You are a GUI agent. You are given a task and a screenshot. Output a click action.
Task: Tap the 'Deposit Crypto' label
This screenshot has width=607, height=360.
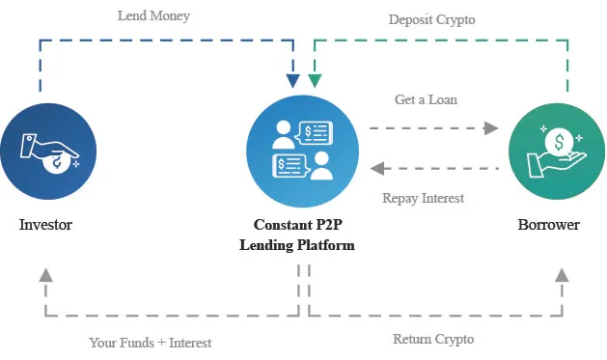(x=432, y=18)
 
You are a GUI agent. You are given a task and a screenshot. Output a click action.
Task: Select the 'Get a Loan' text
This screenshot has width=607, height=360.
(x=426, y=99)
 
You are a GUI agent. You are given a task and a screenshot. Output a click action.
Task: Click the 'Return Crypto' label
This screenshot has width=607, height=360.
(x=433, y=339)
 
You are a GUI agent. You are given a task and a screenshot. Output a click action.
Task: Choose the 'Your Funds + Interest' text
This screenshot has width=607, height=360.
(x=150, y=342)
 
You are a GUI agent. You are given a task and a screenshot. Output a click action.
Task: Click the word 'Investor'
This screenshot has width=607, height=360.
(x=45, y=225)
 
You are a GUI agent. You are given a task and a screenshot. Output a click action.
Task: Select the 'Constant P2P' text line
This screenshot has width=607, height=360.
(x=297, y=225)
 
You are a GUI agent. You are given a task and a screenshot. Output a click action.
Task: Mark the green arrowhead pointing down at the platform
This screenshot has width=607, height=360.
(x=314, y=78)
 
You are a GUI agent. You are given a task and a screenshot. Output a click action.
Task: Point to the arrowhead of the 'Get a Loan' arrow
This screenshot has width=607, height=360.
(x=491, y=127)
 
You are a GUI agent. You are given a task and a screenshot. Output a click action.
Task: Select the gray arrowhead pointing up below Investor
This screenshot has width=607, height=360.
(x=44, y=276)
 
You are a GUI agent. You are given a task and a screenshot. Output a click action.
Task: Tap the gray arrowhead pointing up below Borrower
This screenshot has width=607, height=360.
(x=562, y=276)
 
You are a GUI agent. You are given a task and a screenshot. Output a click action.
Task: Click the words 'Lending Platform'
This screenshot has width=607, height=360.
(x=297, y=245)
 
